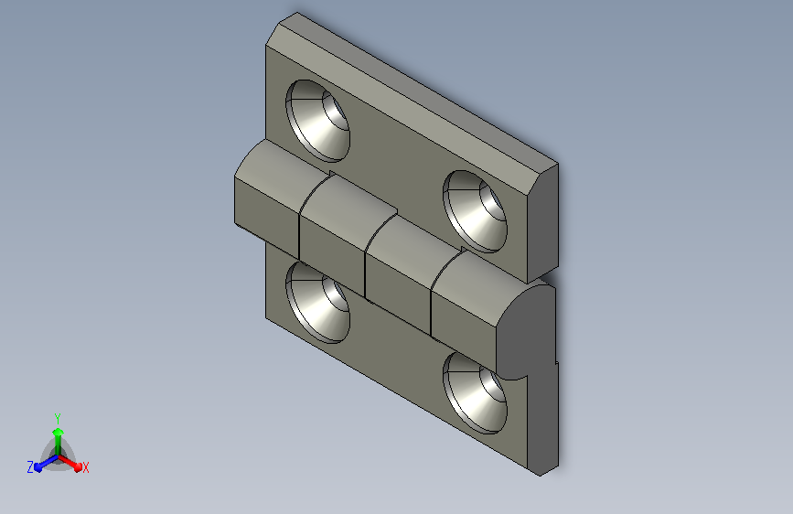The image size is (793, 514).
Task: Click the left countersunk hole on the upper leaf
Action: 317,121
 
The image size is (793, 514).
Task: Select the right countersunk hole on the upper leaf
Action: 475,211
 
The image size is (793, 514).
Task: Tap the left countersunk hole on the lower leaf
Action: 317,304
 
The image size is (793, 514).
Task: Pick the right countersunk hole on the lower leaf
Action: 475,393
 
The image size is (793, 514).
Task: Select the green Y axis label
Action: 58,419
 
